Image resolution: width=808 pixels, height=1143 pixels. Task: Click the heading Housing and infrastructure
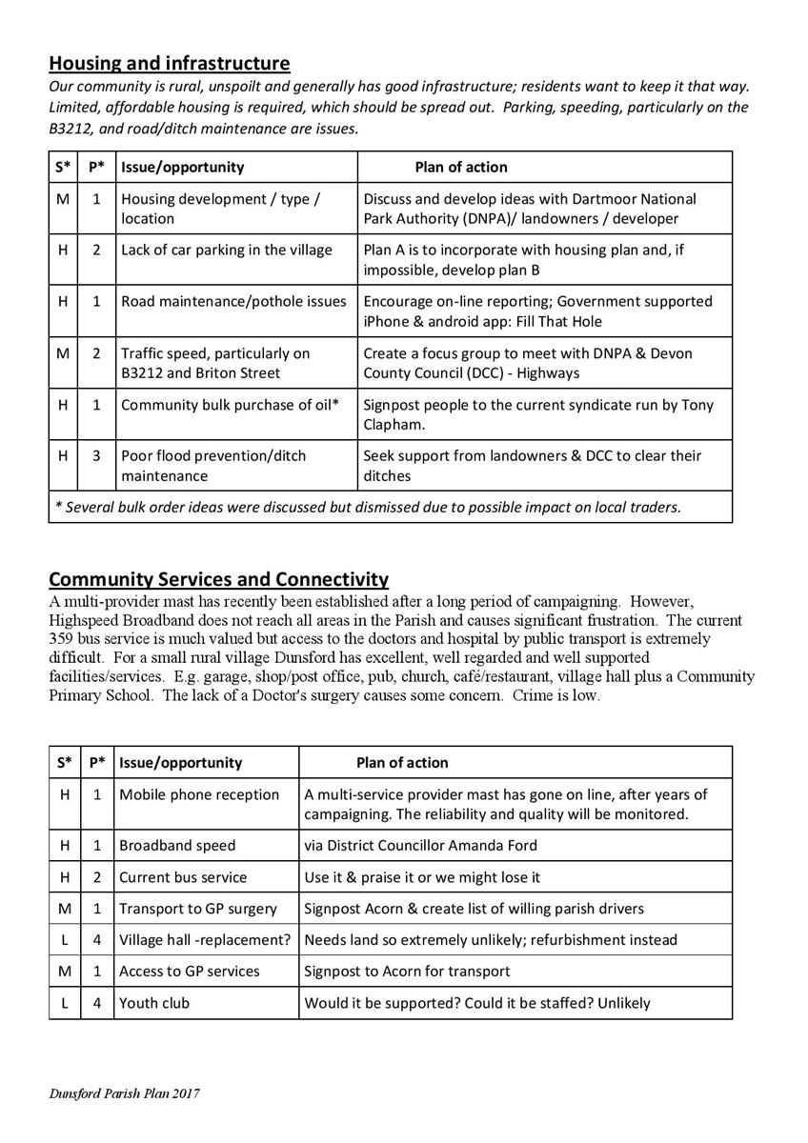[169, 64]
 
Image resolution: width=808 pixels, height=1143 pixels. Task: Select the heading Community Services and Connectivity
[218, 579]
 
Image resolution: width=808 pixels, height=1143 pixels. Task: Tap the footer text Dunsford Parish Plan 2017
[125, 1094]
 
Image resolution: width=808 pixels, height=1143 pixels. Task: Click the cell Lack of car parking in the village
[226, 251]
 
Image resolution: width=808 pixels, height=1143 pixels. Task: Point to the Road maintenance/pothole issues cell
[233, 302]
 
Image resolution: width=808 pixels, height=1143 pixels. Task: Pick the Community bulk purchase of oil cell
[230, 405]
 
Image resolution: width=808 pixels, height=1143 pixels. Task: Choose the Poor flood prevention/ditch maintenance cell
[213, 465]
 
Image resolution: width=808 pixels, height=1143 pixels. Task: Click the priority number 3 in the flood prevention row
[96, 456]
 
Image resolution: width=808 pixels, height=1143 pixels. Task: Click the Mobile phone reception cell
[199, 794]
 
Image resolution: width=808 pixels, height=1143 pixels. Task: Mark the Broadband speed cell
[177, 846]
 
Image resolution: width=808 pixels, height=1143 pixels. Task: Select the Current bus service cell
[183, 878]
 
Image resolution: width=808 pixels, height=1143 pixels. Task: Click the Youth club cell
[154, 1003]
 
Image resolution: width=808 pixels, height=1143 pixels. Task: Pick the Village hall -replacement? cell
[204, 940]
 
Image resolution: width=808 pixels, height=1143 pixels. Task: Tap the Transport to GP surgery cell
[198, 909]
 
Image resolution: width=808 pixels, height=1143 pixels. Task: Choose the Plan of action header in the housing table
[461, 168]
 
